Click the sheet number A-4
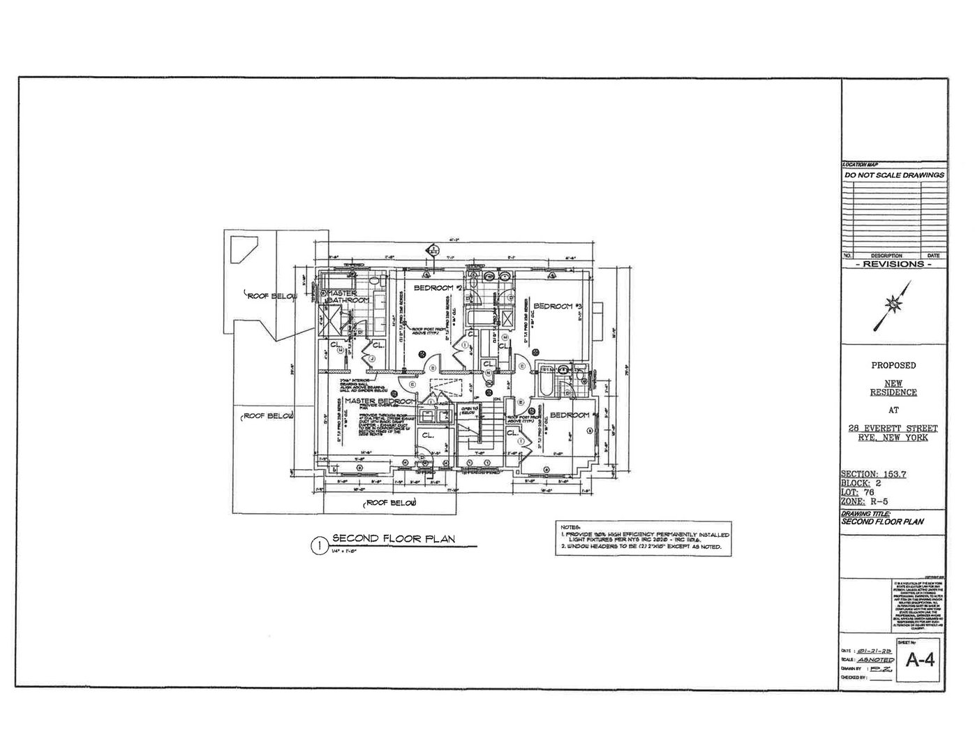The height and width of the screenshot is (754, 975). [x=919, y=659]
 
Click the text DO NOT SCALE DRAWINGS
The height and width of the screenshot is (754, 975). [x=894, y=175]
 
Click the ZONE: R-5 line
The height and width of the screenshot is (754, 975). [x=864, y=501]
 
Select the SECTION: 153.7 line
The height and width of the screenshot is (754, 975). [x=873, y=474]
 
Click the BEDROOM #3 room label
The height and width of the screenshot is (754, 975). [x=558, y=306]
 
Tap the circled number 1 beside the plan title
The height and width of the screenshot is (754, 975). [x=318, y=545]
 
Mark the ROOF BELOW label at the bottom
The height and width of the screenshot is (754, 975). [x=392, y=503]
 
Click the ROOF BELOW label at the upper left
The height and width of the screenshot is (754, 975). [x=271, y=296]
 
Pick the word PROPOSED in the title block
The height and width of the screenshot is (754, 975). [x=893, y=365]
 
